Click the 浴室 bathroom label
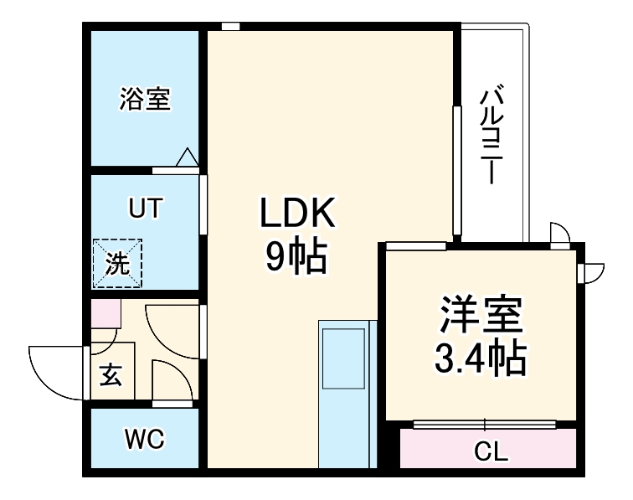click(145, 100)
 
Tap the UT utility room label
click(146, 208)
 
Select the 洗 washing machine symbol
click(117, 263)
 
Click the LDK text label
click(296, 215)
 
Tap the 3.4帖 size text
click(480, 359)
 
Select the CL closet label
click(491, 453)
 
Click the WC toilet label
click(144, 438)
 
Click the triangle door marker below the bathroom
click(187, 157)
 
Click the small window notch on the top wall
click(231, 26)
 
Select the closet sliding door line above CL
click(485, 424)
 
